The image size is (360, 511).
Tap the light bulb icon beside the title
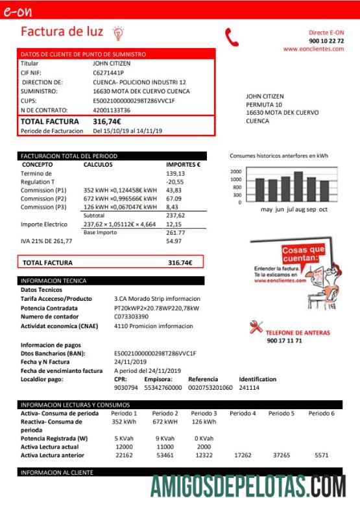(x=118, y=32)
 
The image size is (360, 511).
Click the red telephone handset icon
(x=232, y=37)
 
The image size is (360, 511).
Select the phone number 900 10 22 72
(x=326, y=41)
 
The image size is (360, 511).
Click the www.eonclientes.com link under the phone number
(x=313, y=49)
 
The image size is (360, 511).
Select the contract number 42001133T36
(x=112, y=110)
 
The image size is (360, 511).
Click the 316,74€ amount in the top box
(x=107, y=121)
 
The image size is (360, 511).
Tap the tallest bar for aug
(x=298, y=187)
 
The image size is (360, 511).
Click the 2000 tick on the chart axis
(x=235, y=172)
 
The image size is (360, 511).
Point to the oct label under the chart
(x=323, y=209)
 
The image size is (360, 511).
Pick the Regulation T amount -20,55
(x=175, y=182)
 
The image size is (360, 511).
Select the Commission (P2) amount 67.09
(x=175, y=198)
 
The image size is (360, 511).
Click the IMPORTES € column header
(x=183, y=165)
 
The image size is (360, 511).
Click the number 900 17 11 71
(x=284, y=341)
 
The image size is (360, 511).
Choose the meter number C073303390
(x=131, y=316)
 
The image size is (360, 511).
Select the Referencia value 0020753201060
(x=210, y=387)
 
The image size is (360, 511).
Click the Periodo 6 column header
(x=321, y=413)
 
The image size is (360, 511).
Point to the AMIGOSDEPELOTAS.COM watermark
(x=248, y=486)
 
